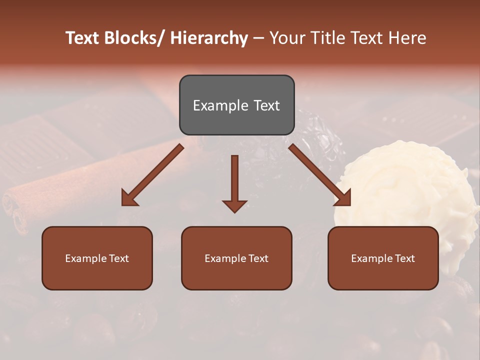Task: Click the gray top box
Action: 236,105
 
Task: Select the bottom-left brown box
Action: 97,258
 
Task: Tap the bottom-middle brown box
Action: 236,258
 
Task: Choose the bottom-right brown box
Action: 383,258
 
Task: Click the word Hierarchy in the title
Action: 208,38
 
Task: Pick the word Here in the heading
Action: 407,38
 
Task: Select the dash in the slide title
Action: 258,38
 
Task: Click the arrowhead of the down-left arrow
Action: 129,198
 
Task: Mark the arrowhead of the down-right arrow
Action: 343,198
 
